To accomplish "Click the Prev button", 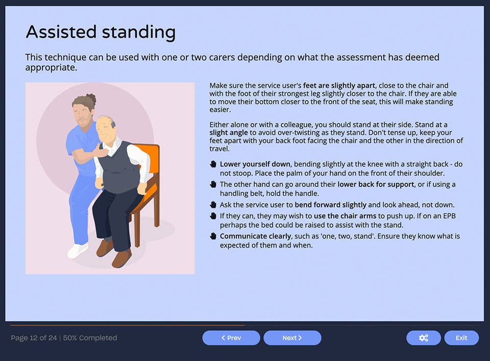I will (x=231, y=338).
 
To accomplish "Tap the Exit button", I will (x=461, y=338).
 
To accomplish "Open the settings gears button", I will (x=423, y=338).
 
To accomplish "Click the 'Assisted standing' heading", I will (x=101, y=32).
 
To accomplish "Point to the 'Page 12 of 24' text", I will (x=34, y=338).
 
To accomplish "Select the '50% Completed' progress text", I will (x=90, y=338).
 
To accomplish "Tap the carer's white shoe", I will (x=78, y=251).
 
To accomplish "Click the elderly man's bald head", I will (x=104, y=121).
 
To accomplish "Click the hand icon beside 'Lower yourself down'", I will (x=213, y=164).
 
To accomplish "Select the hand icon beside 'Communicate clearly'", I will (x=213, y=236).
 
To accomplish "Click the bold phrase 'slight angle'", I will (x=229, y=133).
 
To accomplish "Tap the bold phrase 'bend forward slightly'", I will (x=331, y=205).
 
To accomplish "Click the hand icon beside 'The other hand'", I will (x=213, y=184).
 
